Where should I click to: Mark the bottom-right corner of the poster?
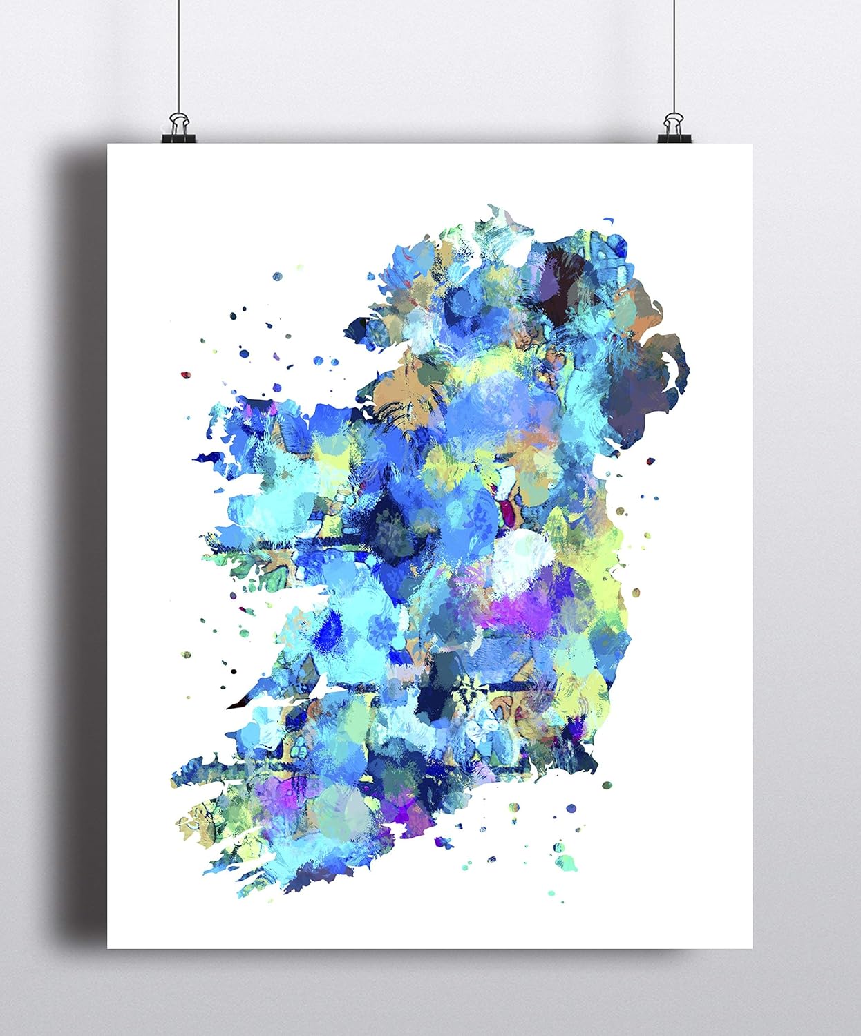tap(752, 948)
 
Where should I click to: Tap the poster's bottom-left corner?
tap(108, 948)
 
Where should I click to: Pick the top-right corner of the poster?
tap(752, 145)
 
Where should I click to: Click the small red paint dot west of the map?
tap(184, 374)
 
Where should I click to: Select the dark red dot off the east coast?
tap(649, 460)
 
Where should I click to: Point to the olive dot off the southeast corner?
tap(607, 785)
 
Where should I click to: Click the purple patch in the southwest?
tap(276, 794)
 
